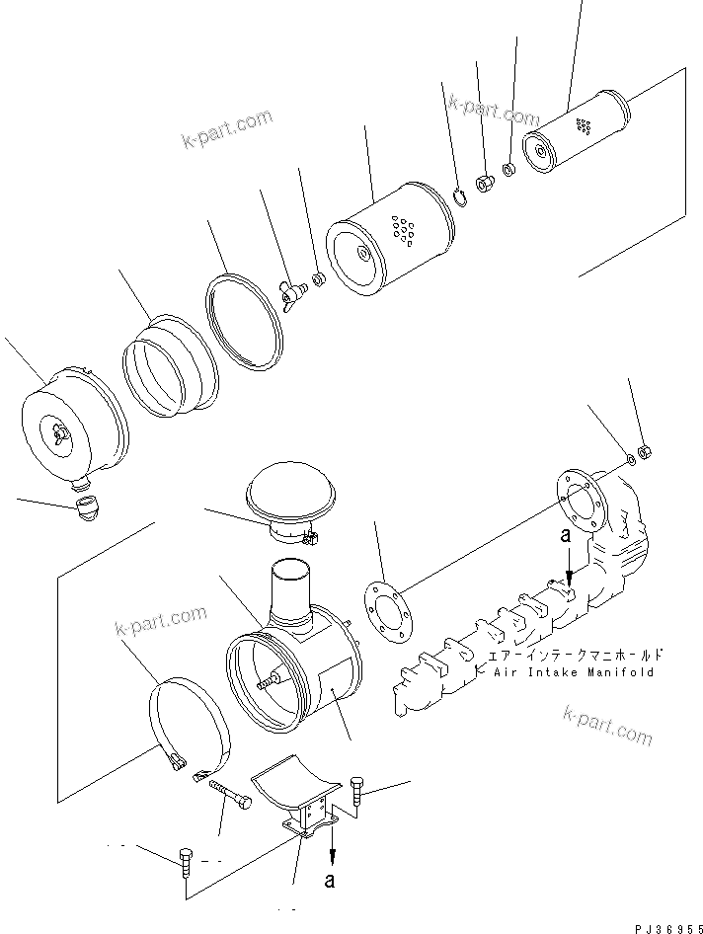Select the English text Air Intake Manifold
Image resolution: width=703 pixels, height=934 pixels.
pyautogui.click(x=574, y=672)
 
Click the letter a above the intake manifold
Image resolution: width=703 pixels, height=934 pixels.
pyautogui.click(x=566, y=537)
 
